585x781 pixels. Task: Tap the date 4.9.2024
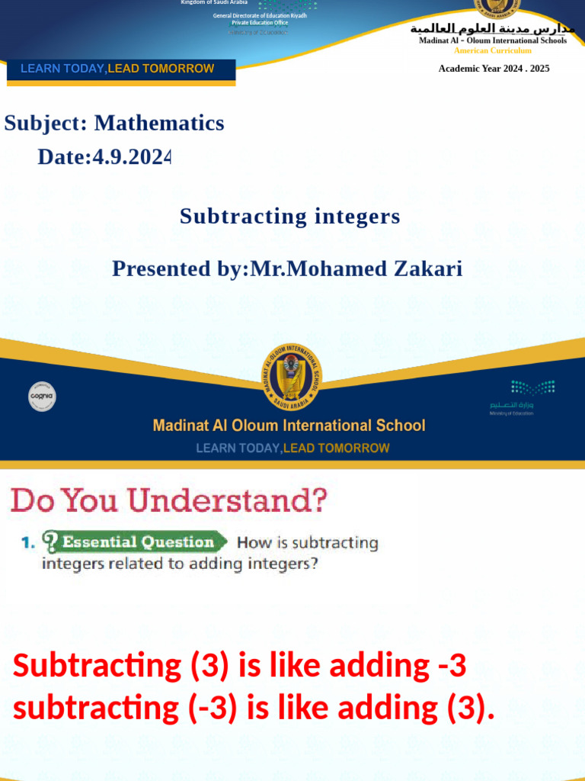104,157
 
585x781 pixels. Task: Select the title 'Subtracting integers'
289,217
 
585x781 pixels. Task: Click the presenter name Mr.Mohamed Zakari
356,268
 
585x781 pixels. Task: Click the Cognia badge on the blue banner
42,396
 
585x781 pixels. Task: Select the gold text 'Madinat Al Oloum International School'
289,426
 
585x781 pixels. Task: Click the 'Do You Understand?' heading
168,501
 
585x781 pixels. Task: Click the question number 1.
27,542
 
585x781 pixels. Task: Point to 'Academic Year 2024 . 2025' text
494,69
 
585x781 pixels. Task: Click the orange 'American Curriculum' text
493,50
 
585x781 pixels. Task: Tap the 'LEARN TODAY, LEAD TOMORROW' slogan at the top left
117,69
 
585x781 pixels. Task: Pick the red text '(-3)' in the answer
210,709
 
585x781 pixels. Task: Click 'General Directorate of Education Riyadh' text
260,15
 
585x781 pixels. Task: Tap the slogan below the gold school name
292,448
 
